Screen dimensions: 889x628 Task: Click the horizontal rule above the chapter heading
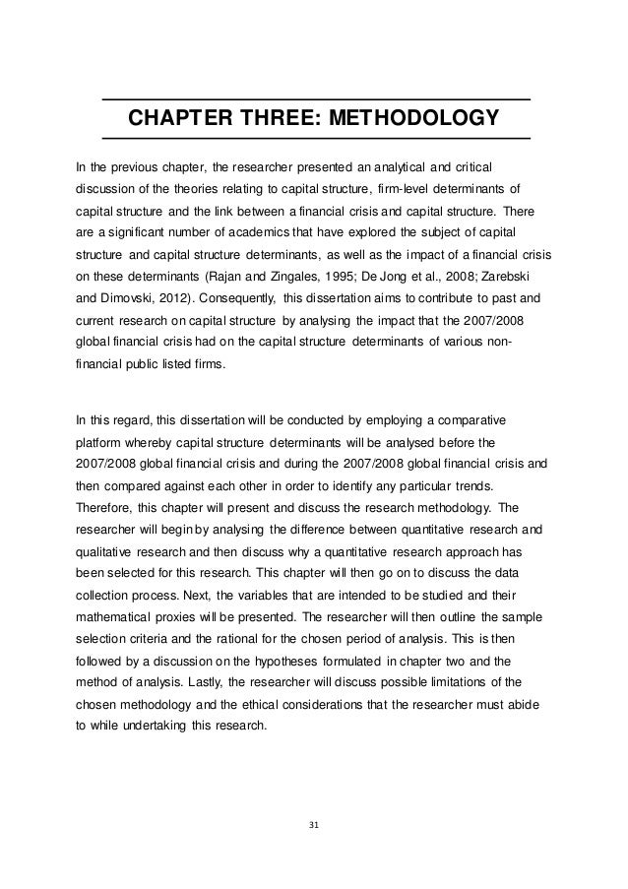tap(316, 100)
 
